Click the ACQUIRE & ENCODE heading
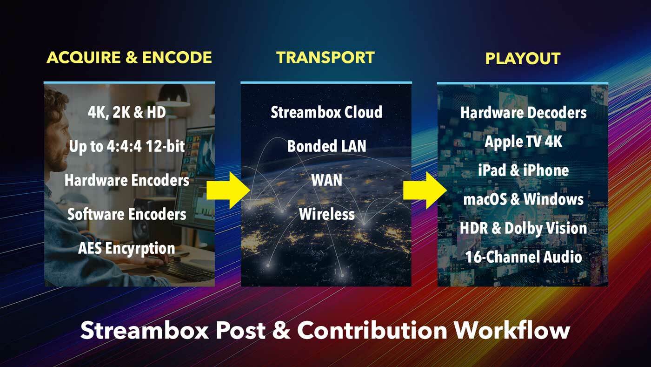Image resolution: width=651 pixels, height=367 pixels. (x=129, y=57)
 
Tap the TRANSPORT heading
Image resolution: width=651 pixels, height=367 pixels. (x=325, y=57)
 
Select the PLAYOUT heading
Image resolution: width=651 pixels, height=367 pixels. (x=523, y=59)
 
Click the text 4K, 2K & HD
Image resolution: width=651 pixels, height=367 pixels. (x=126, y=112)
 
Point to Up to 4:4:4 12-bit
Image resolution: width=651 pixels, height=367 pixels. (x=127, y=146)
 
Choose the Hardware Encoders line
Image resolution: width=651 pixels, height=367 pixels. (x=127, y=180)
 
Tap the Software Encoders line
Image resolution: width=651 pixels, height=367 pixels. (x=126, y=214)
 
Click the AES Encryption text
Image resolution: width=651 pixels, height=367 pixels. (x=126, y=249)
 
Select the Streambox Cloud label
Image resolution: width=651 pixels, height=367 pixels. (x=326, y=112)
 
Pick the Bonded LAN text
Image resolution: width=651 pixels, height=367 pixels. (x=326, y=146)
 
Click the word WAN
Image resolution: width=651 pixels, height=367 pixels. (x=326, y=180)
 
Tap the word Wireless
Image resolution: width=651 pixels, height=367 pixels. (x=326, y=214)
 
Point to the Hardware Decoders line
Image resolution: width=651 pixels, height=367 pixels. (x=524, y=113)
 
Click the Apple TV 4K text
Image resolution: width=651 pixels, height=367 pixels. (x=524, y=142)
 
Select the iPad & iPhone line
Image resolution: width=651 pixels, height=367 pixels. (x=524, y=170)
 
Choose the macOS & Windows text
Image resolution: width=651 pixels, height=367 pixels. (x=524, y=199)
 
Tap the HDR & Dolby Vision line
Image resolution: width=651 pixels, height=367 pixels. (x=524, y=228)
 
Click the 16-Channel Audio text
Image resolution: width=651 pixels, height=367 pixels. (x=524, y=257)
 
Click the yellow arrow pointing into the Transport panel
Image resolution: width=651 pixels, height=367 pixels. (x=228, y=190)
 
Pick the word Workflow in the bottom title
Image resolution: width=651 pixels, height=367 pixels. (x=512, y=331)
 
